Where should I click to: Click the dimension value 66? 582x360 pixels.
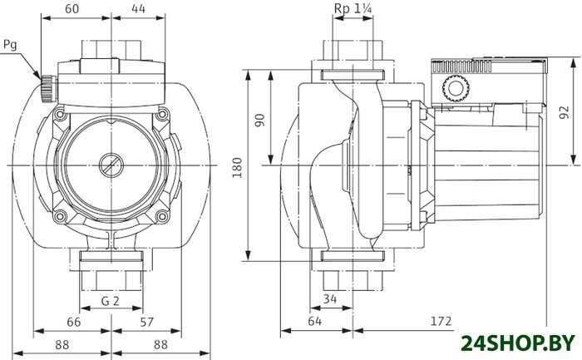[x=72, y=321]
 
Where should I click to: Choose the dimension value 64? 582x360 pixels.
[x=315, y=321]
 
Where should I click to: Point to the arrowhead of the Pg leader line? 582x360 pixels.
[x=39, y=78]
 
